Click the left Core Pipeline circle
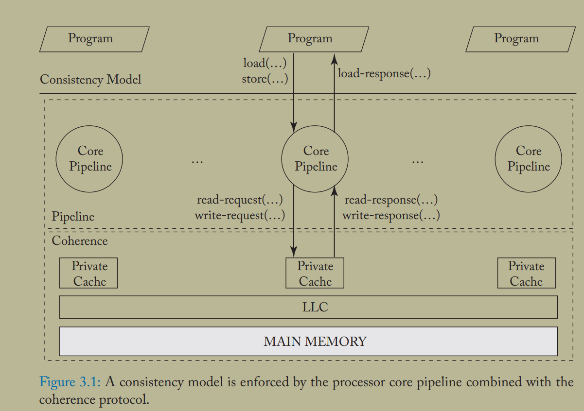pyautogui.click(x=89, y=159)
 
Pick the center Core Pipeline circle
pyautogui.click(x=315, y=159)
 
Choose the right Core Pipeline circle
pyautogui.click(x=528, y=159)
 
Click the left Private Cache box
pyautogui.click(x=88, y=274)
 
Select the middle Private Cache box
pyautogui.click(x=315, y=274)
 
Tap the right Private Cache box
pyautogui.click(x=526, y=274)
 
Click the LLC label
pyautogui.click(x=315, y=307)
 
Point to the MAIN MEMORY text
pyautogui.click(x=315, y=341)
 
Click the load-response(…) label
pyautogui.click(x=384, y=74)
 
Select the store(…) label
pyautogui.click(x=265, y=78)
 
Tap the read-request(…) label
pyautogui.click(x=239, y=200)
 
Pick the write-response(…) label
pyautogui.click(x=391, y=215)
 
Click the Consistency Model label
pyautogui.click(x=90, y=79)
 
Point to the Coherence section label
pyautogui.click(x=80, y=240)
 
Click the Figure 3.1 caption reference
pyautogui.click(x=70, y=382)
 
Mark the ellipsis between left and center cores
pyautogui.click(x=197, y=160)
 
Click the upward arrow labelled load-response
pyautogui.click(x=334, y=92)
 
